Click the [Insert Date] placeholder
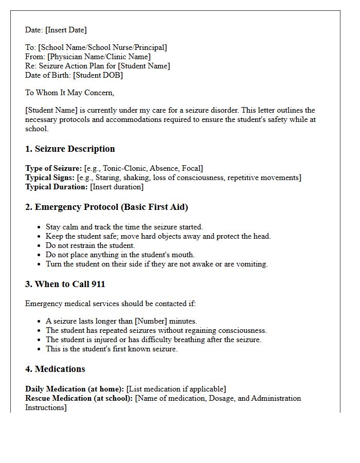[65, 30]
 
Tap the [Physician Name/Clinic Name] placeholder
[99, 57]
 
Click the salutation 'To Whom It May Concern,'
[69, 93]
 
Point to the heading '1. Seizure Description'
[70, 149]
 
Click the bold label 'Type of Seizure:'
[53, 168]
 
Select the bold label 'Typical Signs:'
[50, 177]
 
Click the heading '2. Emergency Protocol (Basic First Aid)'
[106, 207]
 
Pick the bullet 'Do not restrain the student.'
[90, 245]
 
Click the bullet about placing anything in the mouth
[120, 255]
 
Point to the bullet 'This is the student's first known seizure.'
[112, 349]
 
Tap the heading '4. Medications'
[55, 369]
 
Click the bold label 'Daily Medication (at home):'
[75, 389]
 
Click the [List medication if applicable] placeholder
[176, 389]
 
